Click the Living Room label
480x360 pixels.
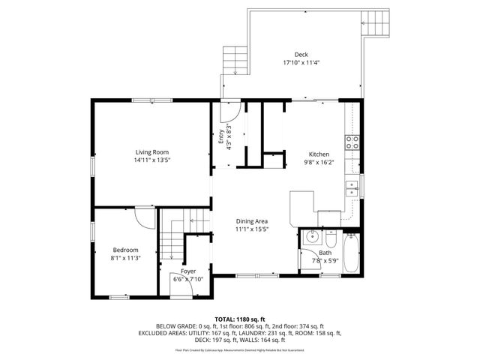[x=151, y=152]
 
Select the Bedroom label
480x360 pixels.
[x=125, y=250]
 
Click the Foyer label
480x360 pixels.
[x=188, y=271]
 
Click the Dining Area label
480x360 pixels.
[x=252, y=221]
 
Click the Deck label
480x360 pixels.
[x=301, y=54]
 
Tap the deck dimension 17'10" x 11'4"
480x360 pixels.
[x=301, y=63]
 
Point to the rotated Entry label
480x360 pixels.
[x=221, y=137]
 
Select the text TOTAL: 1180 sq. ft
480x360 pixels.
[x=240, y=319]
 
